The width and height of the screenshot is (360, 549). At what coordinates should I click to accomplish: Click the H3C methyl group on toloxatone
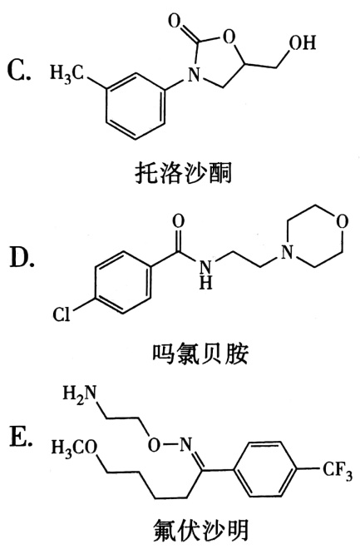pos(67,73)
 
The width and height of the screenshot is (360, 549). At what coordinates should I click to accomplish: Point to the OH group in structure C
pos(303,42)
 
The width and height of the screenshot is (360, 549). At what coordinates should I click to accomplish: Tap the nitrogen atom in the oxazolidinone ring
pos(194,74)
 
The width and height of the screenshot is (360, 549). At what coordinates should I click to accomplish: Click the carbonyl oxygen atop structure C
pos(175,21)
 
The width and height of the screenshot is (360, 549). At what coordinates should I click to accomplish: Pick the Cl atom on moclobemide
pos(62,314)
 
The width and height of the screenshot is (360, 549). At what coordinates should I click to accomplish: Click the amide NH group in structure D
pos(205,274)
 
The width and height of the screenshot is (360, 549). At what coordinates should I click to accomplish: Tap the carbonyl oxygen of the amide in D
pos(179,223)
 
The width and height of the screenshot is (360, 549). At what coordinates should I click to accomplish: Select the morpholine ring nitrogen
pos(287,251)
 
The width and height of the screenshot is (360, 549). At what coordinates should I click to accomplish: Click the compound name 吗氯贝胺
pos(200,354)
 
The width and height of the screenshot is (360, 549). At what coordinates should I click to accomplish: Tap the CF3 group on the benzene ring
pos(337,472)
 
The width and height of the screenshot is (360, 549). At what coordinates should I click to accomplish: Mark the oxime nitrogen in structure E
pos(186,445)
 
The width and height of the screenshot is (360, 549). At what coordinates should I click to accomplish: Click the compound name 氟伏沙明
pos(201,530)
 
